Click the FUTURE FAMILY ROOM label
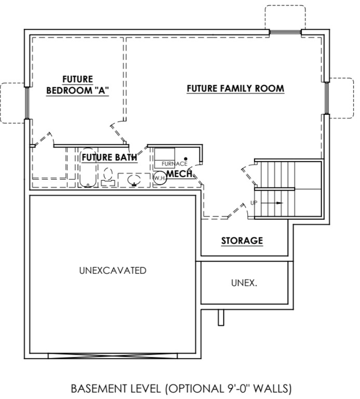click(235, 88)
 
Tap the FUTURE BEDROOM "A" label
click(77, 85)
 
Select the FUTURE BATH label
click(109, 157)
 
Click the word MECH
click(180, 174)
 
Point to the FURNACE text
click(174, 164)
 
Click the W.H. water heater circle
click(159, 178)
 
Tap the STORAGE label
click(242, 241)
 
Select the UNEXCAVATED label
click(113, 271)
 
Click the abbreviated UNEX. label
click(244, 283)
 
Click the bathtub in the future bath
click(87, 169)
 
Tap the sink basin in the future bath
click(134, 180)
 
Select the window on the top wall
click(285, 33)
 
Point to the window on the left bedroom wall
click(26, 102)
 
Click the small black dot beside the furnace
click(185, 158)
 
